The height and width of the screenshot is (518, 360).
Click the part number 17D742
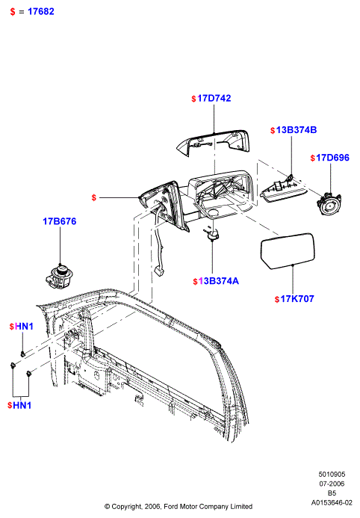pos(214,99)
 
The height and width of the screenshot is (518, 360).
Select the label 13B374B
pos(297,130)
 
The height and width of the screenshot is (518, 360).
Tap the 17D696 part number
pos(332,158)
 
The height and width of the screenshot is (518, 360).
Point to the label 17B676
pos(60,221)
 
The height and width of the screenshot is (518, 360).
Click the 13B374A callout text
pos(218,281)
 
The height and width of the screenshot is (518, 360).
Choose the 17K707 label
pos(297,299)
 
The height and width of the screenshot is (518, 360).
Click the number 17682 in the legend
pos(41,11)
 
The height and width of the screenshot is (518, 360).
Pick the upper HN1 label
pos(25,327)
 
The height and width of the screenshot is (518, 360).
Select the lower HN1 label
pos(22,405)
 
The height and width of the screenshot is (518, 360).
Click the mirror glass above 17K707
pos(288,250)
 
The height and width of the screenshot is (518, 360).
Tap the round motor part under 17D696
pos(329,204)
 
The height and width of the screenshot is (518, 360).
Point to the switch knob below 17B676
pos(59,276)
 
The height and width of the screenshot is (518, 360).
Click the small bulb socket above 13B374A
pos(212,234)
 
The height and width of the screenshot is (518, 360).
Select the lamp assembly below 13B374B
pos(284,188)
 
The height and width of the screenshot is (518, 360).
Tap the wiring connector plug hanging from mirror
pos(160,271)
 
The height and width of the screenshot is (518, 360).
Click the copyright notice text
pos(179,507)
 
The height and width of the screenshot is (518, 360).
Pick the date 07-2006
pos(332,484)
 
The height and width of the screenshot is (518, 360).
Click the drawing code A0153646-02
pos(332,503)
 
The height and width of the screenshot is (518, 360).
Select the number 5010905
pos(332,475)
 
